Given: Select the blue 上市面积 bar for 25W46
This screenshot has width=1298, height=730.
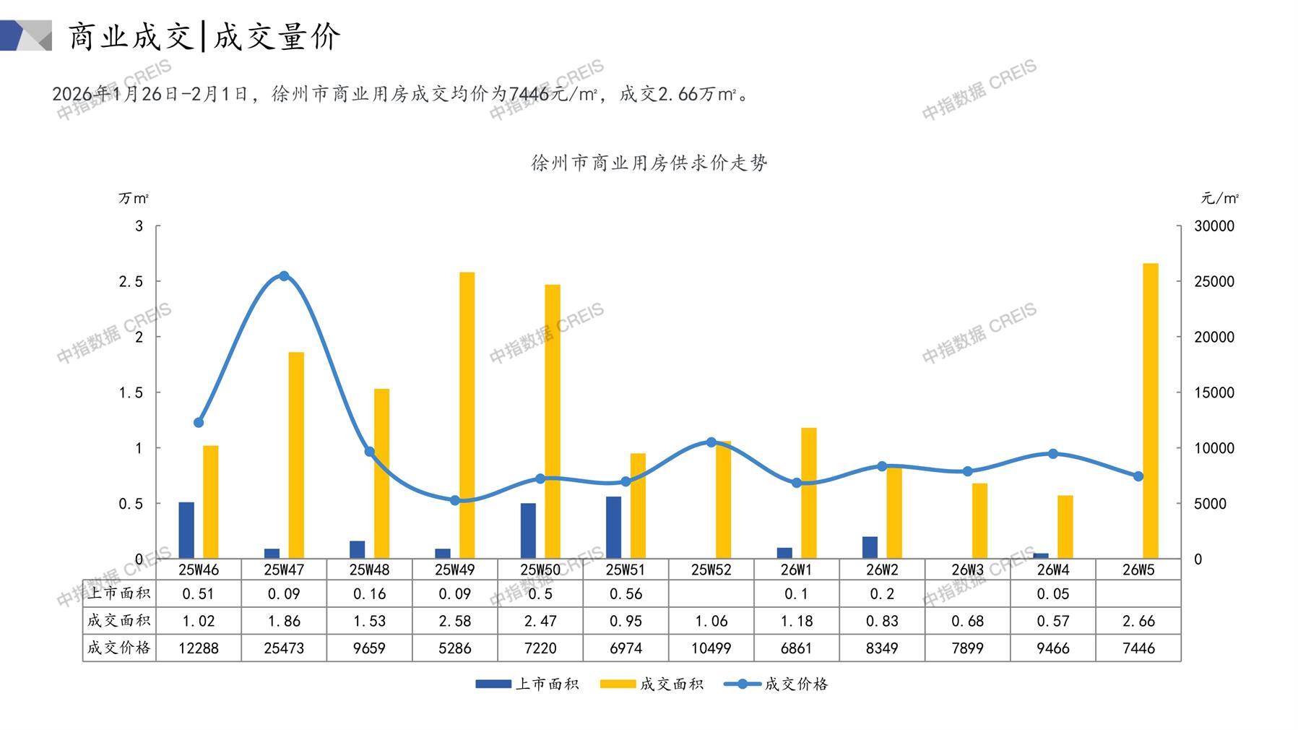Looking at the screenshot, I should [186, 530].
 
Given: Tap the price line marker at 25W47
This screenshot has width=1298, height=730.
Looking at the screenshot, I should [284, 276].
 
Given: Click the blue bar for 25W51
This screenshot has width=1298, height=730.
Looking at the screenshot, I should [614, 527].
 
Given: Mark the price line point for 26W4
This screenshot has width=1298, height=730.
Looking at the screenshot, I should [1052, 454].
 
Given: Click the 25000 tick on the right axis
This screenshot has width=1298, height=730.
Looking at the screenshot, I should [1214, 282].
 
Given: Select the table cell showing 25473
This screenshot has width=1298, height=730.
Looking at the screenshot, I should [284, 648].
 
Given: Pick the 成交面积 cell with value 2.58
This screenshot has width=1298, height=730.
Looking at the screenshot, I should [455, 621].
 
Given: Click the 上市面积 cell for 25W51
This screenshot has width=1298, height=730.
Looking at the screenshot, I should [626, 594].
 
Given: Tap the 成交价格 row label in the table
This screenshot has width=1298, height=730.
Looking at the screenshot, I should [119, 648].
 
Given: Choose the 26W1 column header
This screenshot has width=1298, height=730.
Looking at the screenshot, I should [796, 570].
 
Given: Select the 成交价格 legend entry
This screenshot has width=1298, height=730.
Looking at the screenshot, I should [776, 684].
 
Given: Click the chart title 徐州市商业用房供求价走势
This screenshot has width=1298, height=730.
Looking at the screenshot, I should [649, 163].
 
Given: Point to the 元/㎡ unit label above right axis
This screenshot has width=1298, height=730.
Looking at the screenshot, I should [1219, 198].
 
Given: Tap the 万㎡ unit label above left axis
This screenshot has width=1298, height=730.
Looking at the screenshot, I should [134, 198].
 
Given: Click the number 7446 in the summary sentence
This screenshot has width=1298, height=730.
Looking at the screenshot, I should [530, 94].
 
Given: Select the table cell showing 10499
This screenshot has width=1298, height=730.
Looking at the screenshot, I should [711, 648].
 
